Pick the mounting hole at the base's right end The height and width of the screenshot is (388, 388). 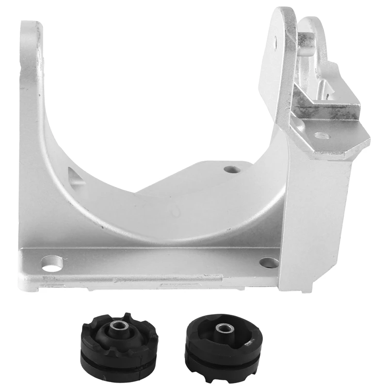(269, 262)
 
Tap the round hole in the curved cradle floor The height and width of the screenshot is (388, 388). (231, 170)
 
